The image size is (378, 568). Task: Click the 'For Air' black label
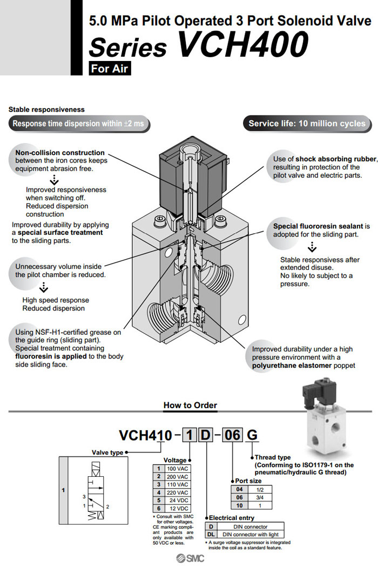tap(110, 69)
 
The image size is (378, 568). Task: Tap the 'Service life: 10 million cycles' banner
tap(307, 124)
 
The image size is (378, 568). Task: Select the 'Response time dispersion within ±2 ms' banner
tap(78, 124)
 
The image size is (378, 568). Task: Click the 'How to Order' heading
tap(190, 405)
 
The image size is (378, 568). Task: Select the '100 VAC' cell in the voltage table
tap(178, 469)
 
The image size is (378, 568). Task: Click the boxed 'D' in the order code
tap(206, 435)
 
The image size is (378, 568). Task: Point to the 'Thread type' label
tap(273, 457)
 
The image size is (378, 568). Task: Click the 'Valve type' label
tap(107, 452)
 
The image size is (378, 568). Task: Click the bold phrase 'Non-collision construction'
tap(60, 153)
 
